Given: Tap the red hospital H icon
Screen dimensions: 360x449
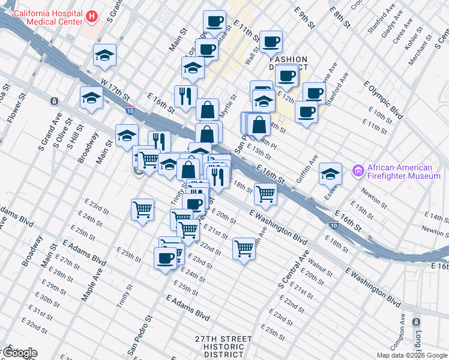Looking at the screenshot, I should point(91,16).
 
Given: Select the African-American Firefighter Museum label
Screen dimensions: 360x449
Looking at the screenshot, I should point(404,172).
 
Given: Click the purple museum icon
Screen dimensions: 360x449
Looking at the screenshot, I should point(358,172).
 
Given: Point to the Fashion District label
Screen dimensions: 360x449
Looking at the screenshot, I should point(289,64).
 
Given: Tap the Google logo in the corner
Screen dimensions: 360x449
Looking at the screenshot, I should point(19,353).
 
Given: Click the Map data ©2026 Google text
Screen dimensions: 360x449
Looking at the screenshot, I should point(412,355).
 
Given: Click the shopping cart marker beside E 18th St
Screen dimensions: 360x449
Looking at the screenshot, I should point(265,193).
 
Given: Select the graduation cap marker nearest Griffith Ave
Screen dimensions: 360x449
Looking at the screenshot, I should point(330,173).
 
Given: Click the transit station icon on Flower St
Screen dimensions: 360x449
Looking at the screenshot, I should point(55,101).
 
